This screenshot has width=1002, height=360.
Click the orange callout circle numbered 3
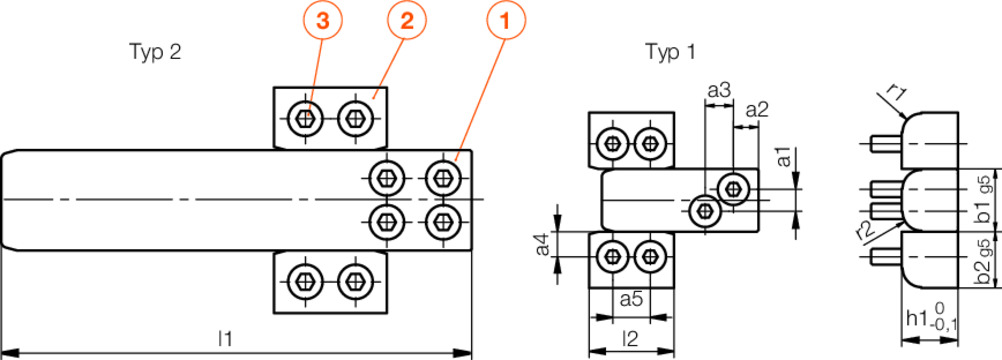[x=323, y=21]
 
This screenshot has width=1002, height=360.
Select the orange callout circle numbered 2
[x=407, y=21]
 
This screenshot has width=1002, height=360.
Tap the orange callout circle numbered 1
[x=505, y=21]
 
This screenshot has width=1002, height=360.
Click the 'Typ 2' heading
[x=155, y=53]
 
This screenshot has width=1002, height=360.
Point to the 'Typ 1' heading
[x=670, y=53]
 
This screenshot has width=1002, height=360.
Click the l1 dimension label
[x=224, y=338]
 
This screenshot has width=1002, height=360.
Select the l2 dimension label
[x=631, y=338]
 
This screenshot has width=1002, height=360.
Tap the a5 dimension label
[x=631, y=299]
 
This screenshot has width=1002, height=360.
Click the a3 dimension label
[x=719, y=91]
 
